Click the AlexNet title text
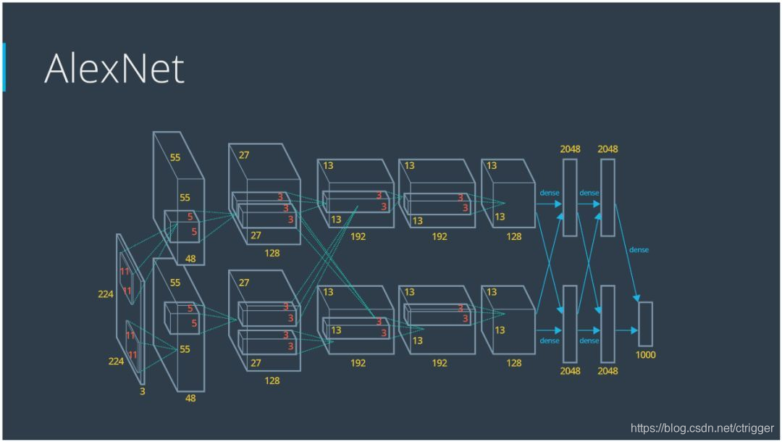tap(114, 68)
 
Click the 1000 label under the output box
tap(644, 355)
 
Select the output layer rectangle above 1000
tap(645, 324)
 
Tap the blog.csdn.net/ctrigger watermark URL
tap(702, 428)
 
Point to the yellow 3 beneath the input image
tap(142, 391)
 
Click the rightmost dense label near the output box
tap(639, 250)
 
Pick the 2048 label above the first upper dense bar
tap(570, 149)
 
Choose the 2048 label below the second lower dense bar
tap(607, 371)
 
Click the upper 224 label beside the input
tap(106, 294)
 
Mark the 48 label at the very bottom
tap(190, 398)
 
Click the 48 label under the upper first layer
tap(190, 259)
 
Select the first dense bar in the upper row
tap(570, 197)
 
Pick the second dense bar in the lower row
tap(607, 323)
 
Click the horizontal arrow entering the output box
tap(626, 330)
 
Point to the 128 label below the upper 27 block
tap(272, 253)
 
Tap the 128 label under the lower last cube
tap(513, 362)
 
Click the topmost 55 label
tap(175, 157)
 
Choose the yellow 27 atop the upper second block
tap(244, 154)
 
